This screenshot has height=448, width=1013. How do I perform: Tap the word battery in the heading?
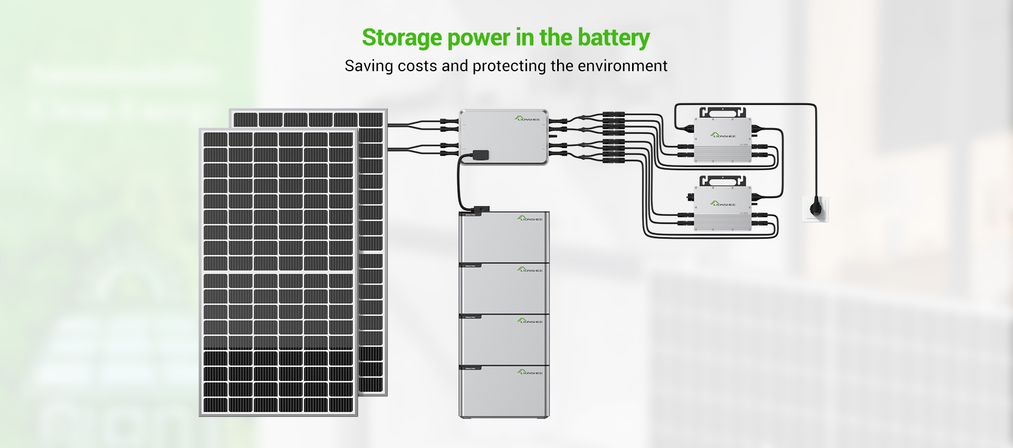click(x=614, y=38)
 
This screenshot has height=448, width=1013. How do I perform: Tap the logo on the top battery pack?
click(x=530, y=218)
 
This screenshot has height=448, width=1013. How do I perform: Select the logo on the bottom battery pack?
click(x=530, y=372)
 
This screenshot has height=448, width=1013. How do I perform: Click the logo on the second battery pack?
click(x=530, y=269)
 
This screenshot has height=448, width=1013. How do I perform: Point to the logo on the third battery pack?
click(x=530, y=320)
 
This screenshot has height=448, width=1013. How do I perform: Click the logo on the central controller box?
click(x=527, y=119)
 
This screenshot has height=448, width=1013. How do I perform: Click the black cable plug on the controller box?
click(x=480, y=154)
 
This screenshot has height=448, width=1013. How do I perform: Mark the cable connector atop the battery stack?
click(x=481, y=210)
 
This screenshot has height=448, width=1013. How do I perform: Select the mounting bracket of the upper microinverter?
click(x=722, y=112)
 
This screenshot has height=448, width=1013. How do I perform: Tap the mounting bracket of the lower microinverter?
click(x=722, y=181)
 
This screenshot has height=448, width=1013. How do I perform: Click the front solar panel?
click(x=278, y=271)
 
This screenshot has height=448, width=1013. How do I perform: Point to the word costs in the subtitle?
click(x=417, y=66)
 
